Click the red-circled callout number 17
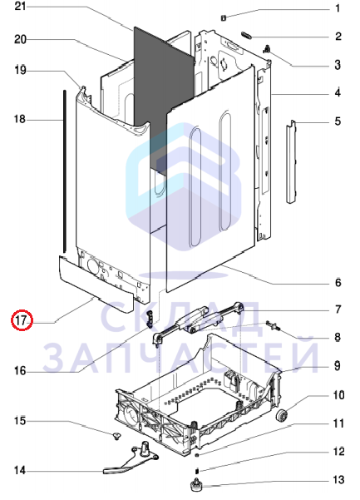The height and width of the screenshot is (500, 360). pos(22,319)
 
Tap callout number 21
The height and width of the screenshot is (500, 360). pos(21,6)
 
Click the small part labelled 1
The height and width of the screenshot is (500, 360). pos(224,18)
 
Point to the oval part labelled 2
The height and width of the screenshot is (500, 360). pos(247,35)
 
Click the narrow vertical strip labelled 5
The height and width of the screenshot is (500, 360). pos(291,162)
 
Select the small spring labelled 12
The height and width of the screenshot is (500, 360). pos(196,471)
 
